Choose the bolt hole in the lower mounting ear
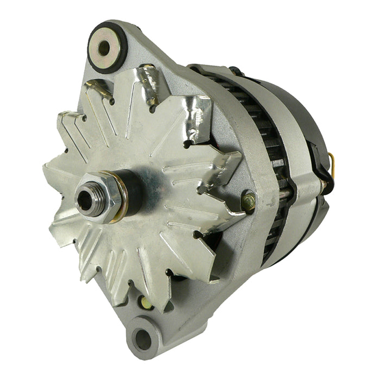click(x=142, y=340)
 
